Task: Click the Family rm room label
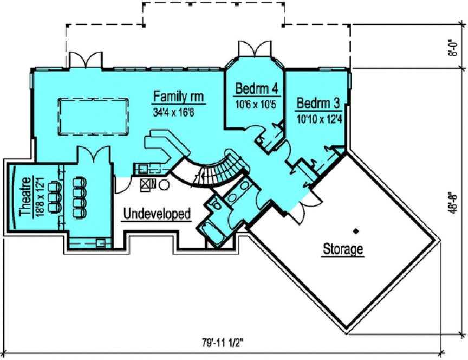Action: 178,97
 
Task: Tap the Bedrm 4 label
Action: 253,88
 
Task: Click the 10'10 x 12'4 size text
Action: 319,118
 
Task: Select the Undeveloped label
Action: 157,214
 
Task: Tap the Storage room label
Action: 343,249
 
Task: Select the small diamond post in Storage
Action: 356,232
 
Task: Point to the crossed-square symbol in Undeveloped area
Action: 146,184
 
